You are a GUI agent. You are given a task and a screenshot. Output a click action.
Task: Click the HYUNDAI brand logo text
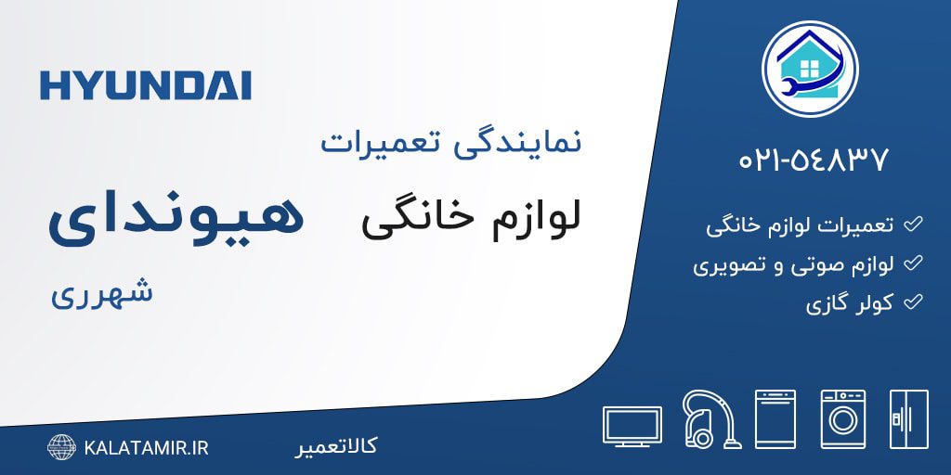145,85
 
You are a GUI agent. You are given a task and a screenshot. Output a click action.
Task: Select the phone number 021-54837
814,160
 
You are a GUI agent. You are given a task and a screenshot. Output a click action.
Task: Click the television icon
632,427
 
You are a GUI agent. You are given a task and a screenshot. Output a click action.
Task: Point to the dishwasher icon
775,419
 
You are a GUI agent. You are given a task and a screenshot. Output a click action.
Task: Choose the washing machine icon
843,419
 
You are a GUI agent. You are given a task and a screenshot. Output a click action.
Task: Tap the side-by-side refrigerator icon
909,419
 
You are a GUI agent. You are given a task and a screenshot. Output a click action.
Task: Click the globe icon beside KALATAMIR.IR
62,447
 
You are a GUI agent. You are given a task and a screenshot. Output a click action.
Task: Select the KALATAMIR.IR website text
146,448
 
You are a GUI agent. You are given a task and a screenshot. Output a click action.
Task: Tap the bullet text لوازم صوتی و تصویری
794,264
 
